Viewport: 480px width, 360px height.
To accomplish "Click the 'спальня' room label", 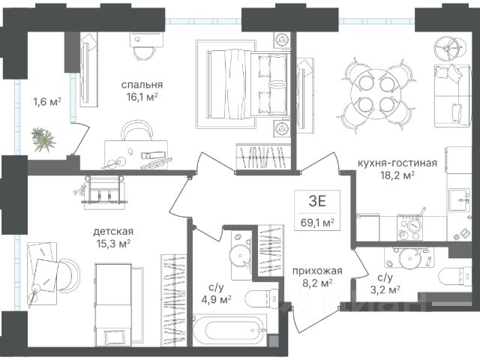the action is pos(142,85).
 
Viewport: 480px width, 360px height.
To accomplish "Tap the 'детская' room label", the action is pos(113,231).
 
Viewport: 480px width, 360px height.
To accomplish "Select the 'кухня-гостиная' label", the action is pos(397,163).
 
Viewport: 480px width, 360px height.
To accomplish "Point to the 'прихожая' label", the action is pos(317,271).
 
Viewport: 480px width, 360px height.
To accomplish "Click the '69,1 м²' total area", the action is pos(317,223).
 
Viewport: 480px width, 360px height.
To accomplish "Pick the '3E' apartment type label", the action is pos(317,202).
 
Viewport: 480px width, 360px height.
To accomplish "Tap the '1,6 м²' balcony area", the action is pos(47,101).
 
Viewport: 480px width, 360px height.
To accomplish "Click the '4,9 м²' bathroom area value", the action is pos(216,300).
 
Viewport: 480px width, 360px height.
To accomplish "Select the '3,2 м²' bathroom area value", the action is pos(385,289).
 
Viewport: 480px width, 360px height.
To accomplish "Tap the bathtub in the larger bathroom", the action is pos(229,330).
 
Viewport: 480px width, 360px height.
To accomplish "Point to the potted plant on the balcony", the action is pos(43,139).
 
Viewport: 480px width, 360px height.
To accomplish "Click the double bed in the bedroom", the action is pos(248,84).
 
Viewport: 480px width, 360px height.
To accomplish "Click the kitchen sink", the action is pos(459,200).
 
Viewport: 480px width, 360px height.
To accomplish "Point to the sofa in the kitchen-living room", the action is pos(452,95).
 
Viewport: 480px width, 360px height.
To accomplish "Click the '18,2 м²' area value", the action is pos(397,176).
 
